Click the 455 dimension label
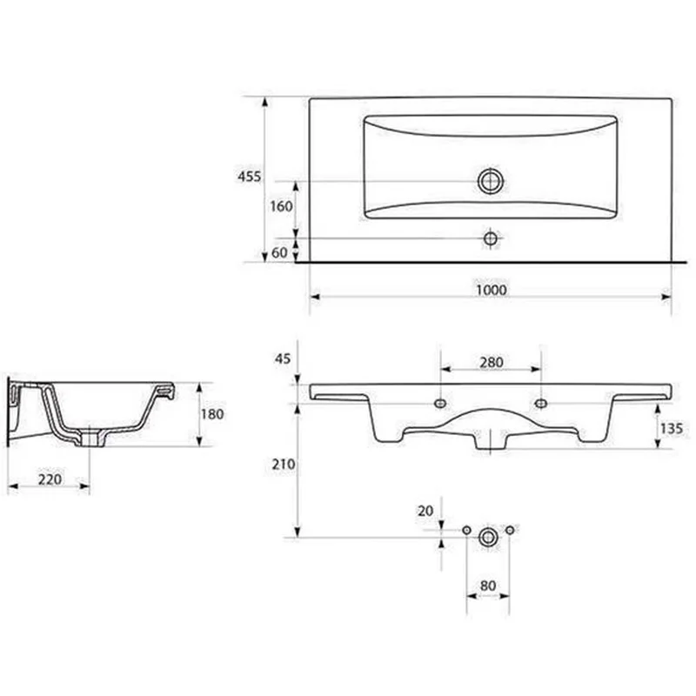[x=250, y=177]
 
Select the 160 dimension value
[x=281, y=206]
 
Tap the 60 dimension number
[x=279, y=252]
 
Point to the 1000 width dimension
[x=492, y=291]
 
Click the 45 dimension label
[x=282, y=358]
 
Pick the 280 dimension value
[x=492, y=363]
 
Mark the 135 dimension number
[x=671, y=429]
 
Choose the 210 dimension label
[x=284, y=465]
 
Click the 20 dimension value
[x=425, y=512]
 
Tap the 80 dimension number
[x=488, y=586]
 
